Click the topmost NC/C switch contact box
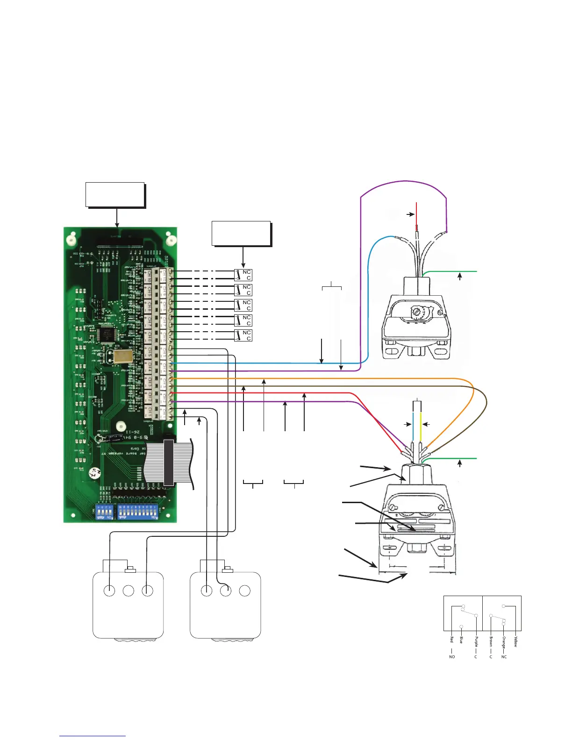pos(243,275)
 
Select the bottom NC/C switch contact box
pos(243,335)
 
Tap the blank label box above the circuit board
pos(115,194)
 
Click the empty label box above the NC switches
pos(241,233)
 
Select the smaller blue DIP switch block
pos(103,512)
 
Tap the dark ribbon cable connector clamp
pos(169,463)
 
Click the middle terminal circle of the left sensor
pos(128,591)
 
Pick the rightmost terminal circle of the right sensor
pos(244,591)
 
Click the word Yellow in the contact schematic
pos(515,641)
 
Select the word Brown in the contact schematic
pos(491,641)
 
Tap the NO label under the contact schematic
pos(452,657)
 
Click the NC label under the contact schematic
pos(504,657)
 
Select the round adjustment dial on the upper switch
pos(416,311)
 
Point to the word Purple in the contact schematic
pos(476,641)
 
